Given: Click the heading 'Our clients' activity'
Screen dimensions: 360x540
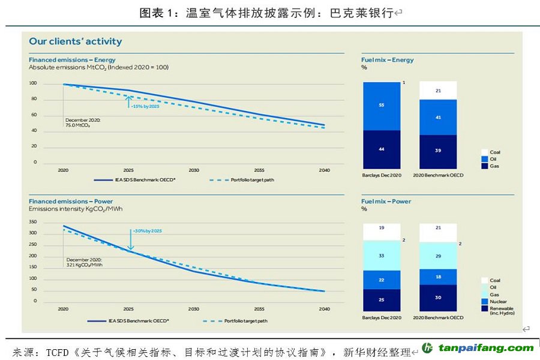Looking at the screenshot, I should [76, 41].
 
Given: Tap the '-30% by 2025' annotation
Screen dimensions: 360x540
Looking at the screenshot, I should [148, 230].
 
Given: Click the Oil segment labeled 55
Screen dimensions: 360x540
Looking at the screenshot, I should [381, 105].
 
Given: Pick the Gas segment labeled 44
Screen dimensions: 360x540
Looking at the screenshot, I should [381, 149].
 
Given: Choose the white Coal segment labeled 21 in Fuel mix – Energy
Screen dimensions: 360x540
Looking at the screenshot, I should [438, 91].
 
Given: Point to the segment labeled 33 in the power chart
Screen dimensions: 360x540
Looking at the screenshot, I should [381, 255].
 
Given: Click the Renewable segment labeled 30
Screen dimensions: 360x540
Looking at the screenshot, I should [438, 298].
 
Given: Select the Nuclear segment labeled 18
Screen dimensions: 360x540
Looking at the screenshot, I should [438, 277].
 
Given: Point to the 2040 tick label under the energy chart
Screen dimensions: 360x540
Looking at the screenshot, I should [324, 170].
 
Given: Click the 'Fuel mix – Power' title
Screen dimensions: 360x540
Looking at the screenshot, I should [386, 202].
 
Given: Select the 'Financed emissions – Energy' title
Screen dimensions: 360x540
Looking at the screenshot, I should [72, 60].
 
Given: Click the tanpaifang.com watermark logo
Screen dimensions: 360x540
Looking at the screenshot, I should [477, 348].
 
